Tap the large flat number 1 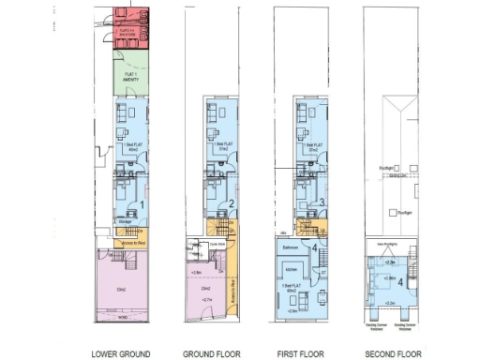[x=142, y=203]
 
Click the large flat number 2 [x=232, y=203]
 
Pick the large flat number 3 [x=322, y=202]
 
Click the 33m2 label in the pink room [x=121, y=290]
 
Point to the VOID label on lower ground [x=122, y=317]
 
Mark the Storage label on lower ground [x=125, y=221]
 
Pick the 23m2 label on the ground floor [x=204, y=288]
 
